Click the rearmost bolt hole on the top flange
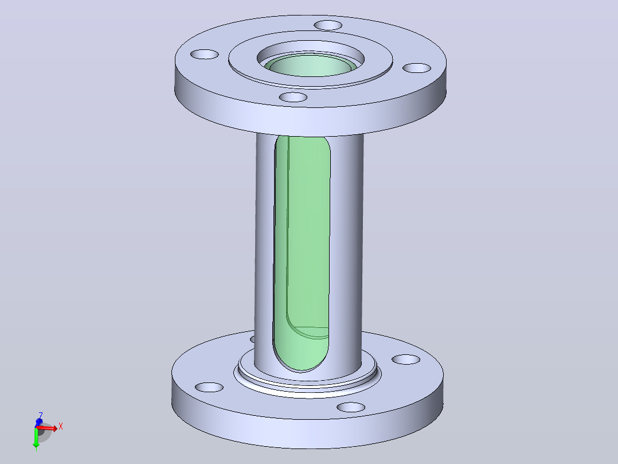coord(328,25)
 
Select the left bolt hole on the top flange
coord(205,54)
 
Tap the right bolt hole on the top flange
coord(417,68)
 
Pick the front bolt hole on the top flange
coord(293,97)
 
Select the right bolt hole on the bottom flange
coord(406,359)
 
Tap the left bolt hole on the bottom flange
coord(209,388)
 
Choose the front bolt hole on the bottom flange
coord(351,407)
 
